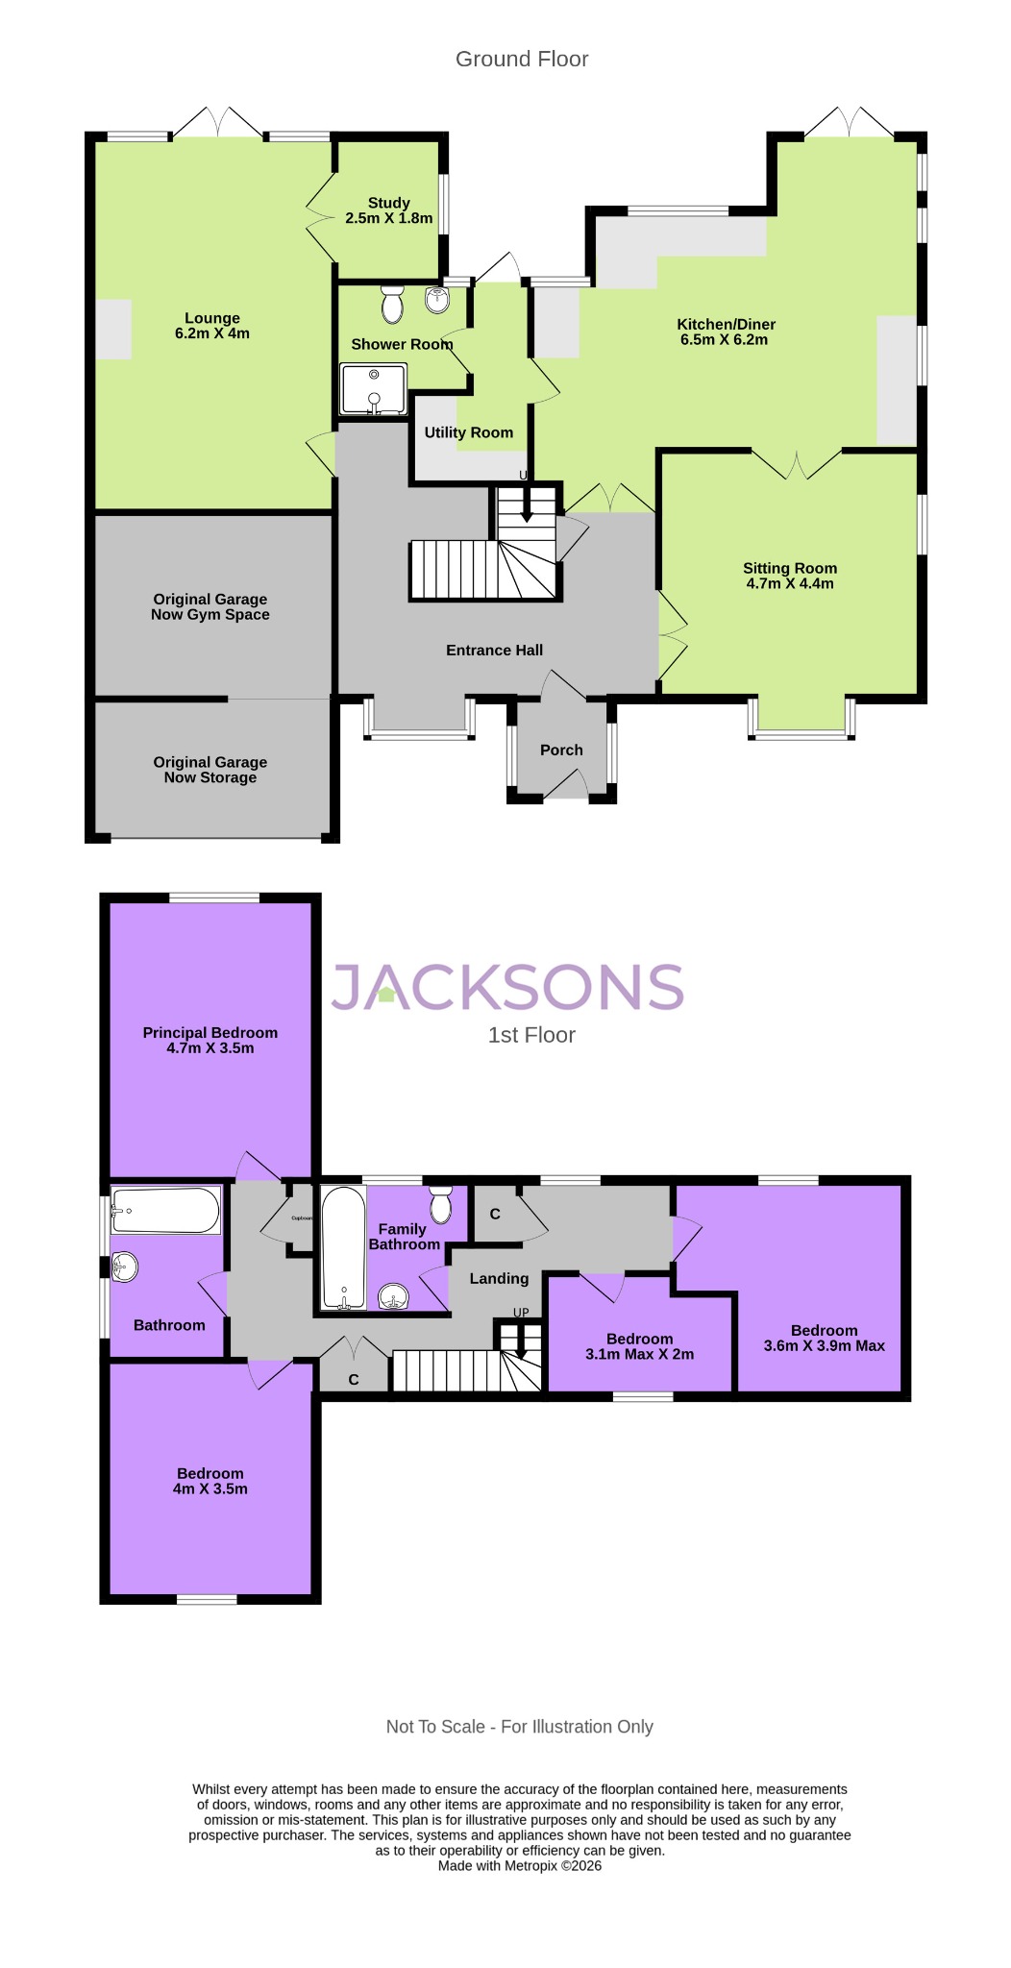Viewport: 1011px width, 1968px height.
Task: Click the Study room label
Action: point(388,210)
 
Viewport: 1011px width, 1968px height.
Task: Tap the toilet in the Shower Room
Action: point(392,304)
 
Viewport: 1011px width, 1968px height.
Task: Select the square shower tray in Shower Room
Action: point(373,389)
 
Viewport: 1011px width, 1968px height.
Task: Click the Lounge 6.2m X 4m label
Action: point(212,326)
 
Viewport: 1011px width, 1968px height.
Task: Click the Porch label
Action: point(561,750)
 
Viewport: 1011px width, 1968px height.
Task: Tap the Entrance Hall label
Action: point(494,651)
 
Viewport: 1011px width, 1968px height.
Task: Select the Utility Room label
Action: point(468,432)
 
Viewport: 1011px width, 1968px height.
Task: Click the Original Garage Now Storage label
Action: point(210,770)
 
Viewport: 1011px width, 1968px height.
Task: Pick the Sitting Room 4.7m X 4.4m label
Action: point(789,576)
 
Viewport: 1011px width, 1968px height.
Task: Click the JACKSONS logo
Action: point(507,987)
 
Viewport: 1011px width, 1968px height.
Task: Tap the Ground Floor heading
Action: point(521,59)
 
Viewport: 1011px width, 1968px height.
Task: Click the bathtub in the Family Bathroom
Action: point(343,1247)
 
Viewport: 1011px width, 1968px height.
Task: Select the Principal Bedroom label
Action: point(210,1040)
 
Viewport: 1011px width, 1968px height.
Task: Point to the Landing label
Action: point(499,1278)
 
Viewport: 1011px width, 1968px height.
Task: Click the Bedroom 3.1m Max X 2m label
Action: point(639,1346)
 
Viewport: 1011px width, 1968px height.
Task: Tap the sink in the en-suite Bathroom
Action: point(124,1267)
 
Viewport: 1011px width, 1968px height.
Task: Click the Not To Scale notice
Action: point(519,1727)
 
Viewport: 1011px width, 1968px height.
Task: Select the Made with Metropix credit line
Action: point(519,1865)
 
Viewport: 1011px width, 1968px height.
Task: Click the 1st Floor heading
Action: point(531,1035)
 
